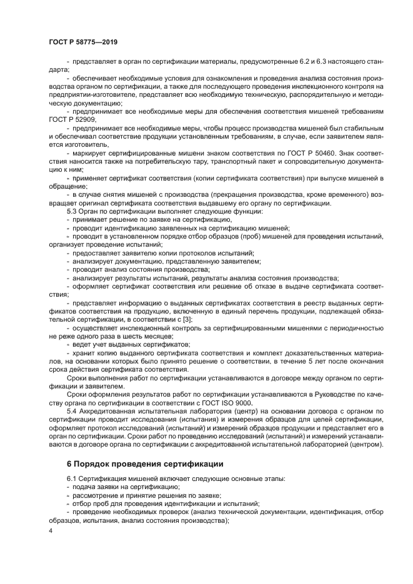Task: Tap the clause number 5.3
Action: pyautogui.click(x=73, y=211)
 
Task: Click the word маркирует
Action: pyautogui.click(x=91, y=152)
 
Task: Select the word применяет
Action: pyautogui.click(x=92, y=177)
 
